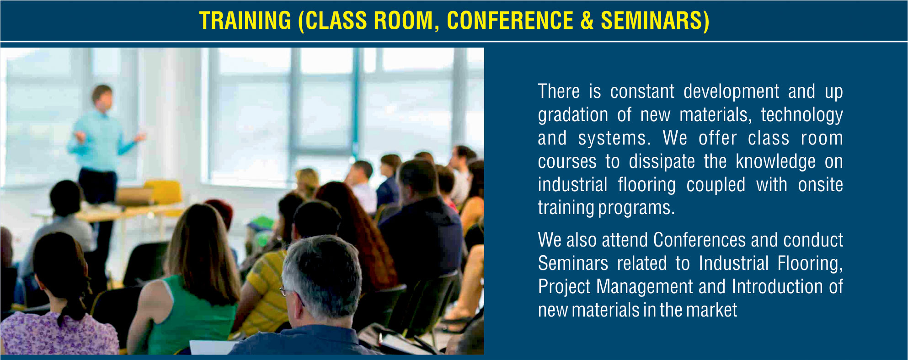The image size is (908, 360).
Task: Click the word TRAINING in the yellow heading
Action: tap(245, 21)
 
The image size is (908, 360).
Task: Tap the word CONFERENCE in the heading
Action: tap(510, 21)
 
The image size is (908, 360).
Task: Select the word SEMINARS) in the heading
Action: tap(655, 21)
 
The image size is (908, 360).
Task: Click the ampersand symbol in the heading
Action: tap(587, 21)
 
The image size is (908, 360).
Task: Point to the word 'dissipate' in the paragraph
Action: tap(662, 162)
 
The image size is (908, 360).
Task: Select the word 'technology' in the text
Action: tap(802, 115)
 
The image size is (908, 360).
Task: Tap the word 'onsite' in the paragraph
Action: tap(821, 185)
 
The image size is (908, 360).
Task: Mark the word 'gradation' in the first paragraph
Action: tap(573, 115)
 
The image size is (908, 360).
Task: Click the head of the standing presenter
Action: tap(102, 96)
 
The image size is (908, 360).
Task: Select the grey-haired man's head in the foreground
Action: tap(322, 277)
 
